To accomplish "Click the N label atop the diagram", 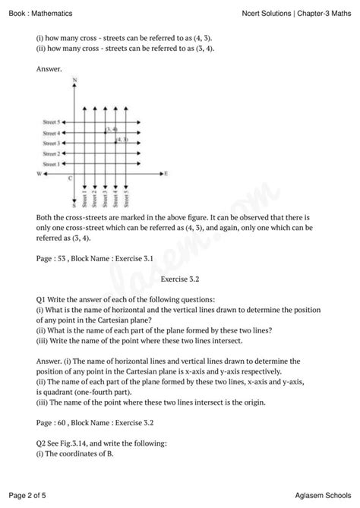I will click(74, 80).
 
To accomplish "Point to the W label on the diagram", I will click(38, 174).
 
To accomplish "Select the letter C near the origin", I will click(70, 179).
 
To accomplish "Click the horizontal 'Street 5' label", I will click(51, 121).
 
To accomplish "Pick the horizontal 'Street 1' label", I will click(51, 163).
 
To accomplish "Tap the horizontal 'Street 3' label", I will click(51, 143).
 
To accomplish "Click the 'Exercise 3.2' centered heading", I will click(180, 279).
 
